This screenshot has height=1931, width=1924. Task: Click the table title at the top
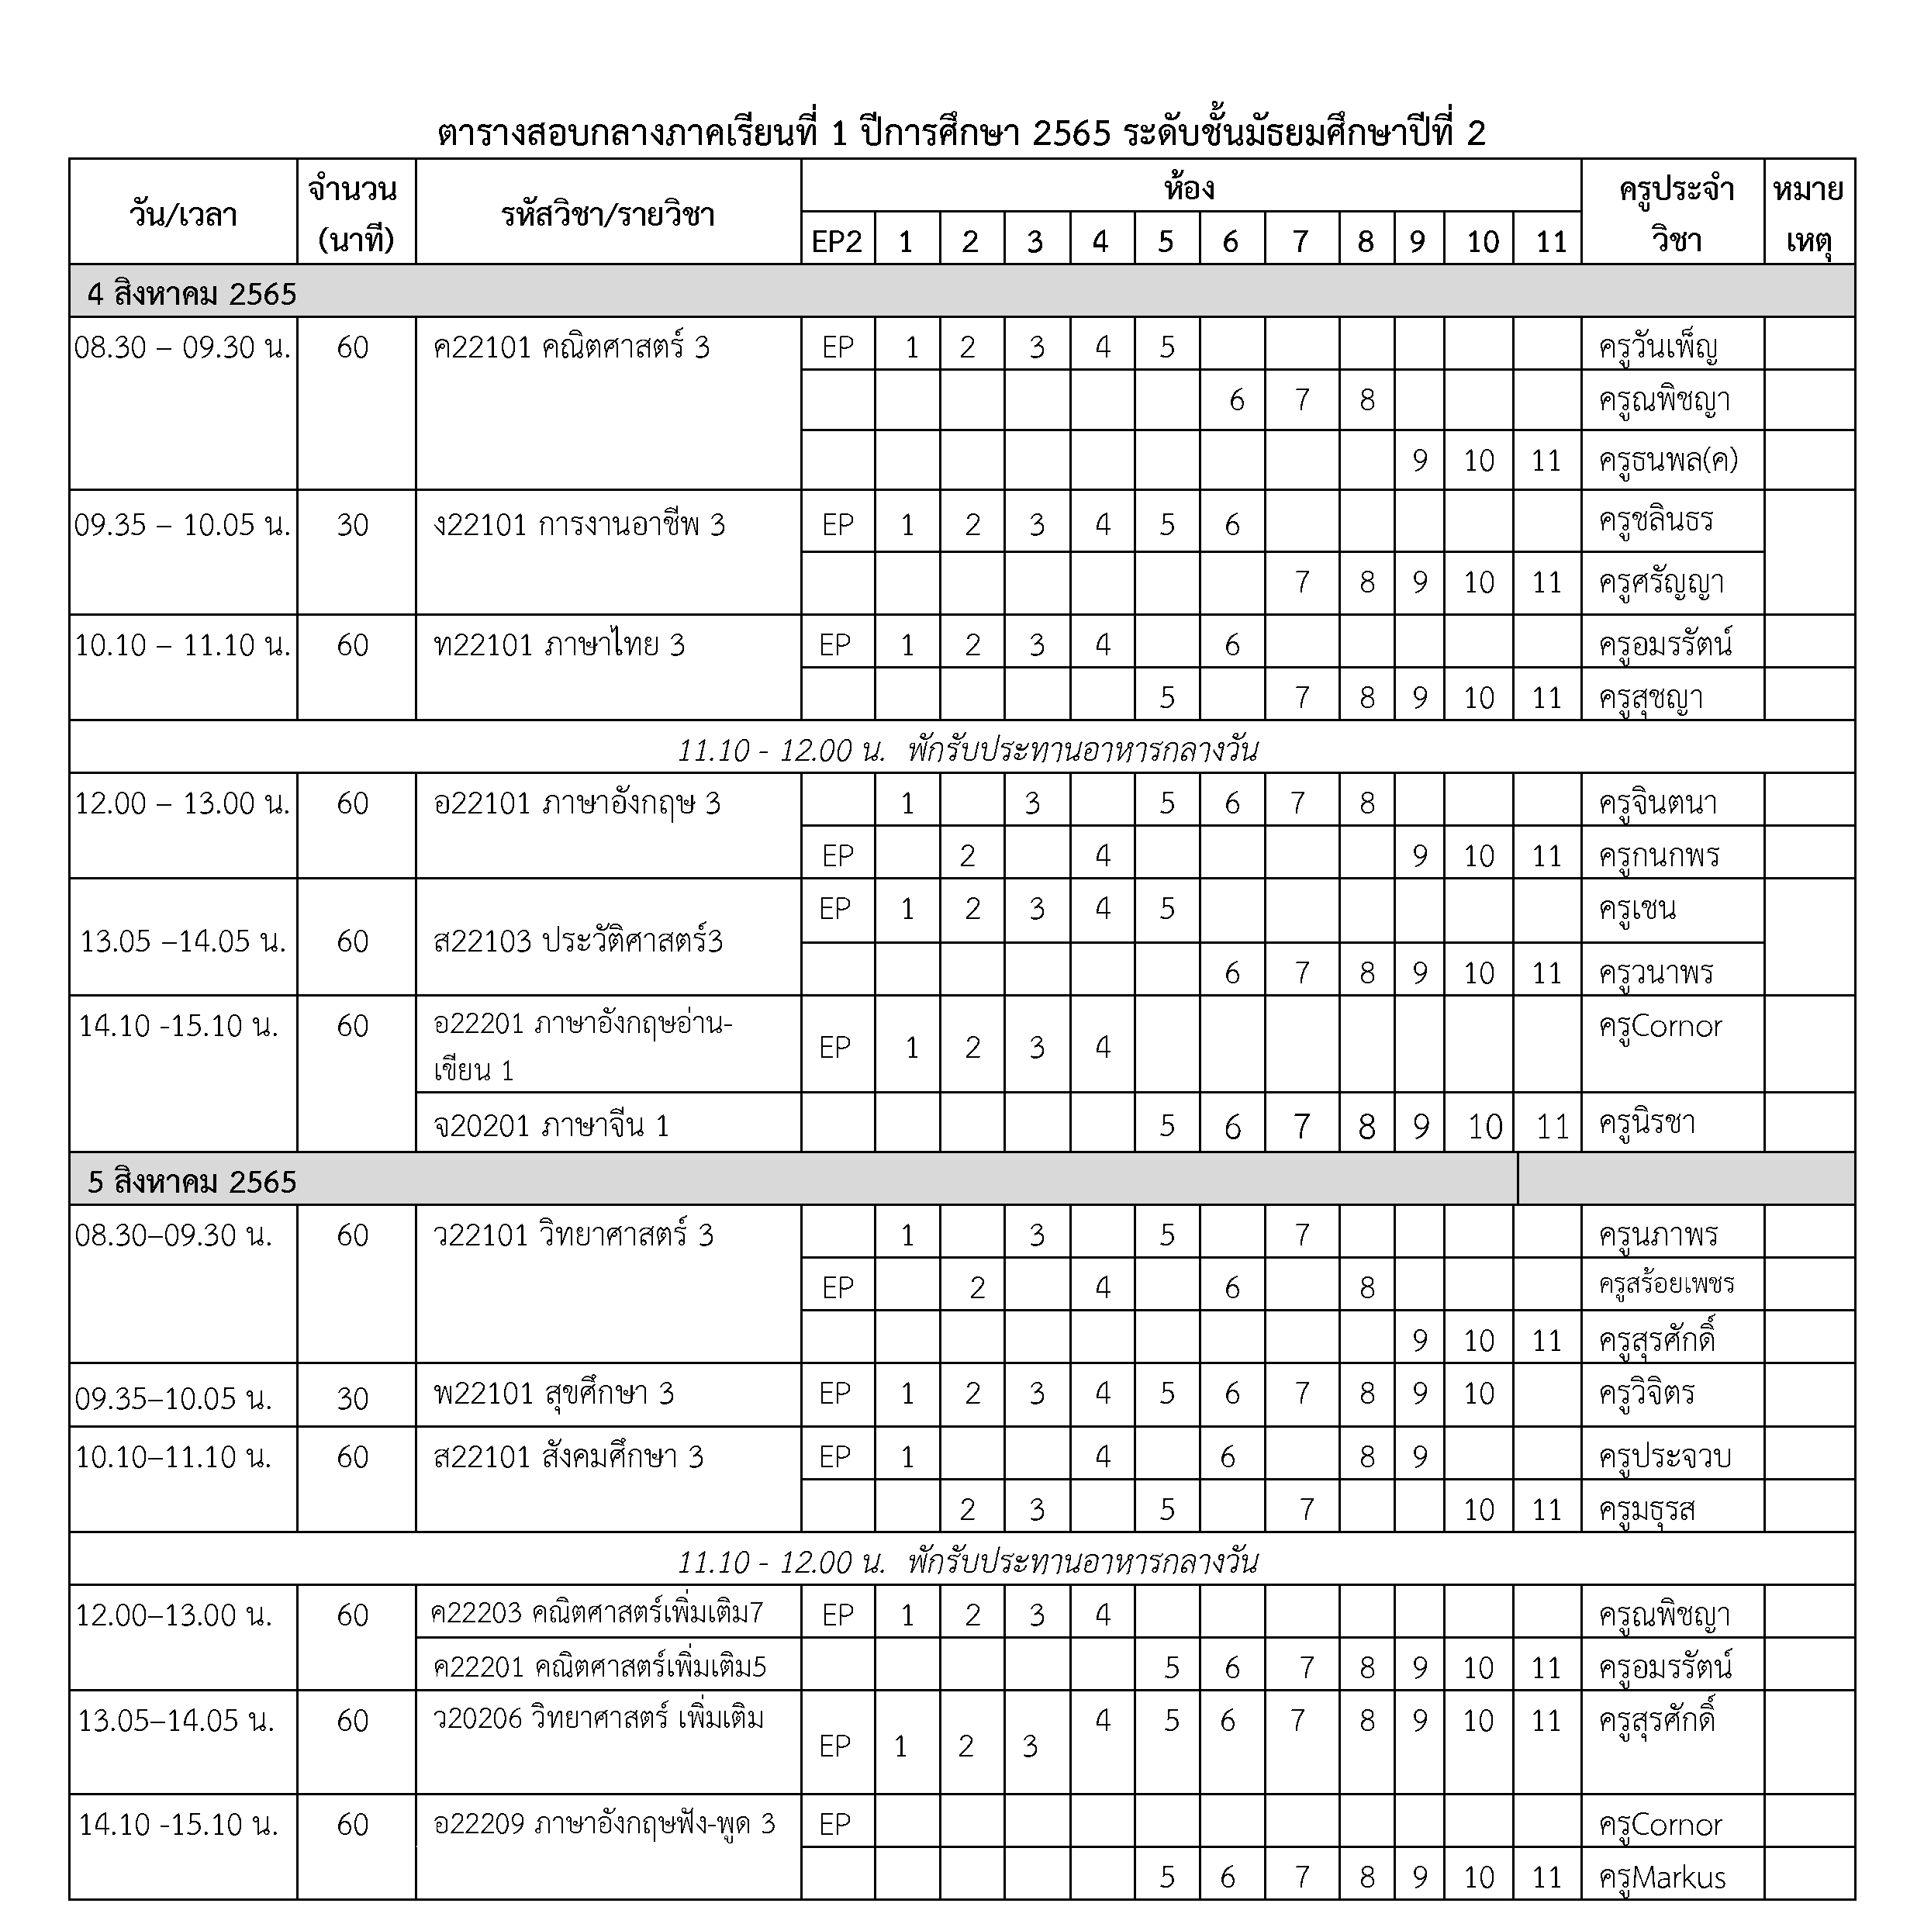[961, 133]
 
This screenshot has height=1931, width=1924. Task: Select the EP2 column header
[837, 241]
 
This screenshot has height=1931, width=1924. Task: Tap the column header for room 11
[1550, 241]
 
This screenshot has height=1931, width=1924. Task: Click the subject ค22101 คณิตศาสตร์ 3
[571, 348]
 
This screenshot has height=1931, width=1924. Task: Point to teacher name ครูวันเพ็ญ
[1657, 348]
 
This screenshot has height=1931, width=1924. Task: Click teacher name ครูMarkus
[1662, 1877]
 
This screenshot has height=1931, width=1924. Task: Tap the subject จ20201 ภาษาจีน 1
[551, 1126]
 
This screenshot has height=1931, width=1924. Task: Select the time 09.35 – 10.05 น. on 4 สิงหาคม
[182, 525]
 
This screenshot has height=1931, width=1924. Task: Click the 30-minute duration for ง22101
[353, 525]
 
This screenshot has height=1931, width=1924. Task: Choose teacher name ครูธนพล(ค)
[1667, 461]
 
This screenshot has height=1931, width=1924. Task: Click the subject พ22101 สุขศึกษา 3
[553, 1394]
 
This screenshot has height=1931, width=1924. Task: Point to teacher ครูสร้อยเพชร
[1665, 1284]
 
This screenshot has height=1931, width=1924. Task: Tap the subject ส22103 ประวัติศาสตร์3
[578, 941]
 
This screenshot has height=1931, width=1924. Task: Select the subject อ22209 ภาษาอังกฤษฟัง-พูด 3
[603, 1824]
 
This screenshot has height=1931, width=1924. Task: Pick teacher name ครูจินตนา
[1657, 803]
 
